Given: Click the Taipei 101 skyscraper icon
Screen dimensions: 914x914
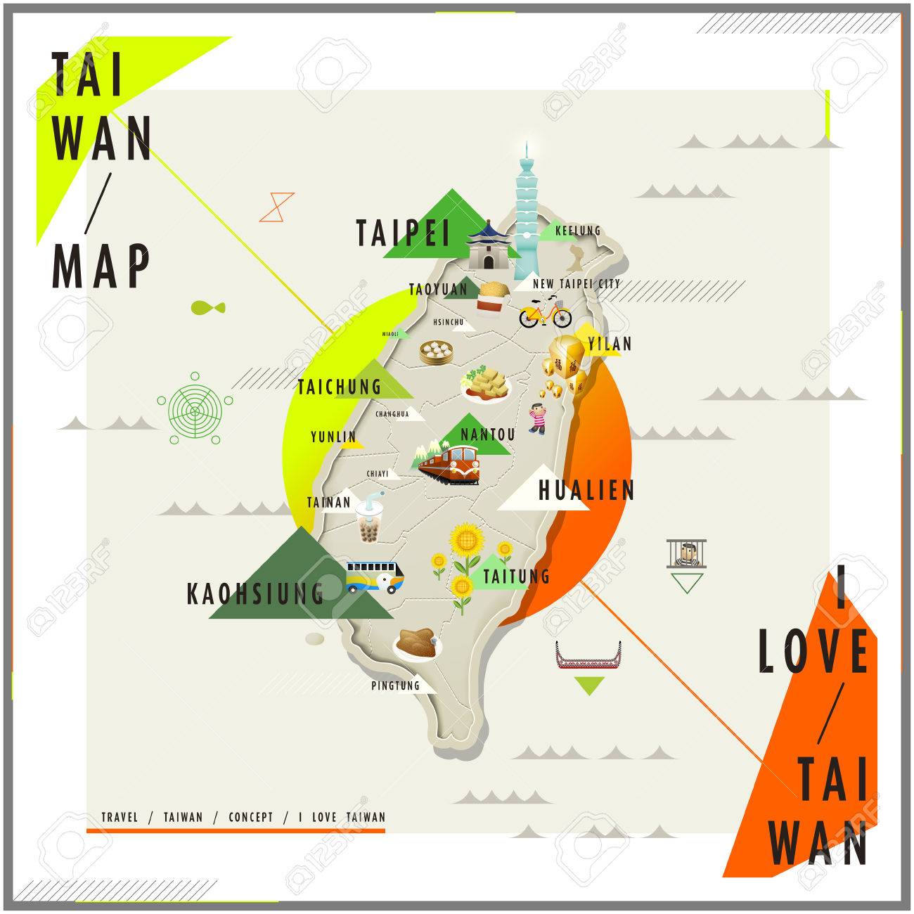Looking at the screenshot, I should click(528, 218).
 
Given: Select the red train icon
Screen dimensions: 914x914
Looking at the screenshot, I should click(449, 465).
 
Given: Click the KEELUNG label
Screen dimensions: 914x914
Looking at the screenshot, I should click(578, 231).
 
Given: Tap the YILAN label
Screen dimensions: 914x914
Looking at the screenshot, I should click(610, 344).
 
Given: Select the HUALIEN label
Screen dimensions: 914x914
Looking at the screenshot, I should click(587, 490).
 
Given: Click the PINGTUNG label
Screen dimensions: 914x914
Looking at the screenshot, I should click(395, 685).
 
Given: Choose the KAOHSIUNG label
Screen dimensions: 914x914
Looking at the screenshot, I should click(255, 594).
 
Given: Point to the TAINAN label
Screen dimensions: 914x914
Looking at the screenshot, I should click(328, 503).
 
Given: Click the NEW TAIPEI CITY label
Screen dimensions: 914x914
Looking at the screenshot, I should click(577, 284).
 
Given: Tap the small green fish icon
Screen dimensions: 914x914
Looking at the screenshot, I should click(207, 307).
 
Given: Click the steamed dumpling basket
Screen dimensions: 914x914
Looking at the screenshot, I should click(435, 352).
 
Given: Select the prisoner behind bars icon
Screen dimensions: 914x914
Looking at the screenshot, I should click(685, 553).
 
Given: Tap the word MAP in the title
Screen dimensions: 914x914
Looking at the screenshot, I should click(101, 266).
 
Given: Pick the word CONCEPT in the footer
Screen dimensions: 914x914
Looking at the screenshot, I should click(250, 817).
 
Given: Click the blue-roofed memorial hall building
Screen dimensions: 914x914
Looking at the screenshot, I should click(487, 244).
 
